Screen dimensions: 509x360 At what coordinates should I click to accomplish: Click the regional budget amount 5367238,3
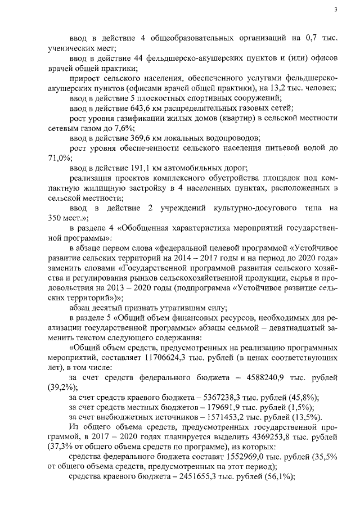(203, 397)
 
